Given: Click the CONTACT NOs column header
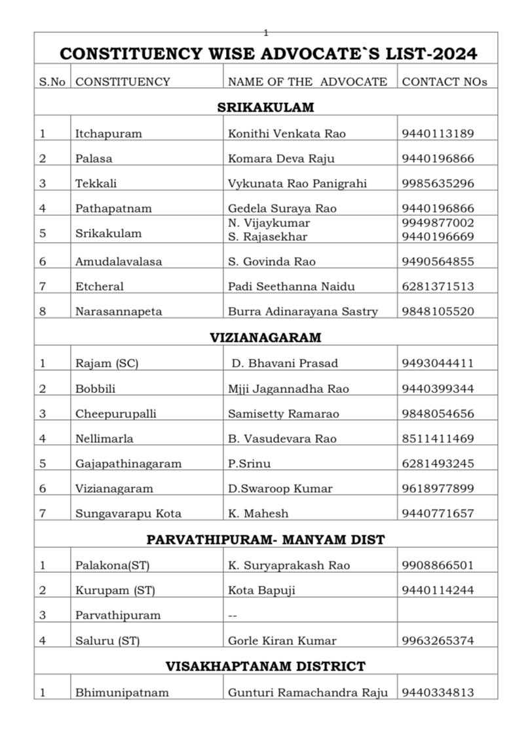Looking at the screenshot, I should [x=444, y=82].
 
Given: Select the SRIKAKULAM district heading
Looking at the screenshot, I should [x=265, y=107].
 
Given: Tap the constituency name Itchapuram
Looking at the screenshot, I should [x=108, y=134].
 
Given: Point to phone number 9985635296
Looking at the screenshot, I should [x=438, y=184].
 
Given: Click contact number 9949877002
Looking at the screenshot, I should [x=438, y=223].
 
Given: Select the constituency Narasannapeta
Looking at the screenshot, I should [x=118, y=312].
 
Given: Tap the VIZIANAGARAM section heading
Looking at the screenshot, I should [x=265, y=338].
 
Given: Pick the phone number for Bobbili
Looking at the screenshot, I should [x=438, y=389].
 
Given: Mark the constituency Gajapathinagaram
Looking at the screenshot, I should [x=128, y=464].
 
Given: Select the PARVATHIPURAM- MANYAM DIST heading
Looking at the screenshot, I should [x=265, y=540].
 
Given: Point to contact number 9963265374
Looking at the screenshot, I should [x=438, y=641].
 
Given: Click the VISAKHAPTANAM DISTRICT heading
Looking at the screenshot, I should [x=265, y=667].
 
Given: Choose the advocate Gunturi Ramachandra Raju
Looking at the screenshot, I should [x=308, y=693].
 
